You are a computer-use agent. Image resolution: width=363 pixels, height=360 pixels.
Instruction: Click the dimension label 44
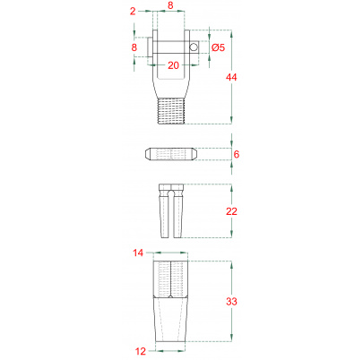231,77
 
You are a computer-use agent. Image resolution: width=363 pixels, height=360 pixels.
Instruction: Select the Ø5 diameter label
218,47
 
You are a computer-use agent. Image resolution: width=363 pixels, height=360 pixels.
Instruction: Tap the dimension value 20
173,65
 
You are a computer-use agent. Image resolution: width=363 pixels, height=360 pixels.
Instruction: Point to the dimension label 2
133,12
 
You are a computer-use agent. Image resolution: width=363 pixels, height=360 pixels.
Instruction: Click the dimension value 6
237,154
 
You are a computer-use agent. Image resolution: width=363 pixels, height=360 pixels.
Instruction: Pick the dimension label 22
231,211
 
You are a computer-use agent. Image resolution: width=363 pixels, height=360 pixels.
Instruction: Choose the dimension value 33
231,302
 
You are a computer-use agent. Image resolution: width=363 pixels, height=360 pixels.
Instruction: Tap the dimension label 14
138,253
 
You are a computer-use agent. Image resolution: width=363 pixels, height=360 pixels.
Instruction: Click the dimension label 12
141,351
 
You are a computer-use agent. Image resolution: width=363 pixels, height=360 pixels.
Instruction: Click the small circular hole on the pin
194,47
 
